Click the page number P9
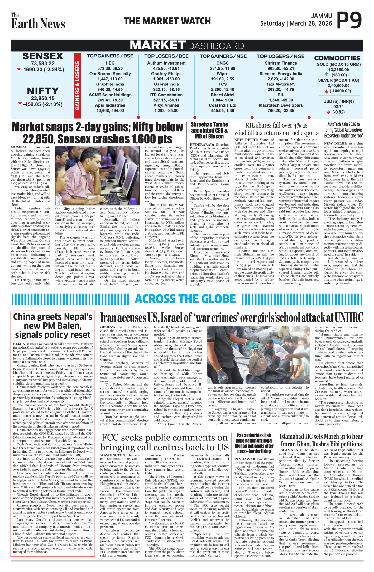pyautogui.click(x=349, y=21)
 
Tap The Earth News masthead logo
pyautogui.click(x=38, y=21)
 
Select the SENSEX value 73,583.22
pyautogui.click(x=43, y=63)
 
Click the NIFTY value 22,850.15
pyautogui.click(x=43, y=98)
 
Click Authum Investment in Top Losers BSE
pyautogui.click(x=166, y=63)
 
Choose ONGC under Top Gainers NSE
pyautogui.click(x=223, y=63)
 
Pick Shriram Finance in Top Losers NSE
pyautogui.click(x=280, y=63)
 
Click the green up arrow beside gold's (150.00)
pyautogui.click(x=327, y=75)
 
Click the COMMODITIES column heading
pyautogui.click(x=337, y=58)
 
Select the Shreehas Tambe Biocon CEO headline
pyautogui.click(x=209, y=130)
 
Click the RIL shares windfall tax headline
pyautogui.click(x=276, y=129)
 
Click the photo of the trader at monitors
pyautogui.click(x=97, y=176)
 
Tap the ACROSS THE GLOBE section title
pyautogui.click(x=185, y=299)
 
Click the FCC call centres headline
pyautogui.click(x=164, y=442)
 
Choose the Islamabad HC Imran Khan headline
pyautogui.click(x=321, y=440)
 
